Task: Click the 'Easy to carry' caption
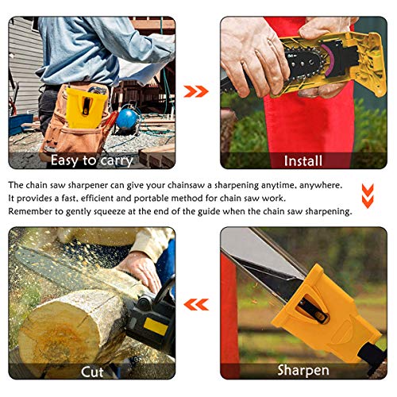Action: (x=92, y=161)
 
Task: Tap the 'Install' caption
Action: (x=303, y=161)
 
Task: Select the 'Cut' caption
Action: (x=92, y=371)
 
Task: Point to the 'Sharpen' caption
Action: (x=303, y=371)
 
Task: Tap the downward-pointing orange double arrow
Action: (x=367, y=193)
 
